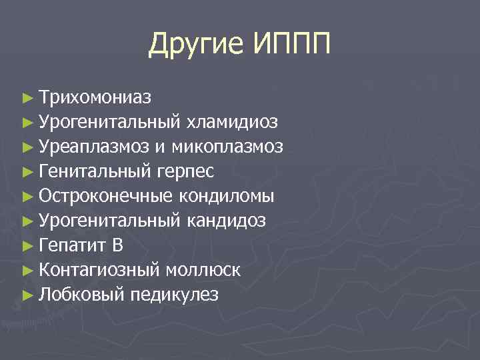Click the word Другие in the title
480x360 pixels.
[x=197, y=45]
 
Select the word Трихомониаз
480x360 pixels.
[x=95, y=97]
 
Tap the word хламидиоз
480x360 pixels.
[x=233, y=122]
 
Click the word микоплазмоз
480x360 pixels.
[x=227, y=147]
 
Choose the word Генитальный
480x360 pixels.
[x=96, y=171]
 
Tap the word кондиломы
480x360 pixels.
[x=227, y=196]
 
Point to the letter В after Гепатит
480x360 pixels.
[x=117, y=245]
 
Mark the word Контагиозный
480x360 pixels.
[x=99, y=270]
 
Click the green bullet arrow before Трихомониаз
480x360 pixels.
[x=27, y=98]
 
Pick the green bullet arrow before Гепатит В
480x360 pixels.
[x=27, y=246]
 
